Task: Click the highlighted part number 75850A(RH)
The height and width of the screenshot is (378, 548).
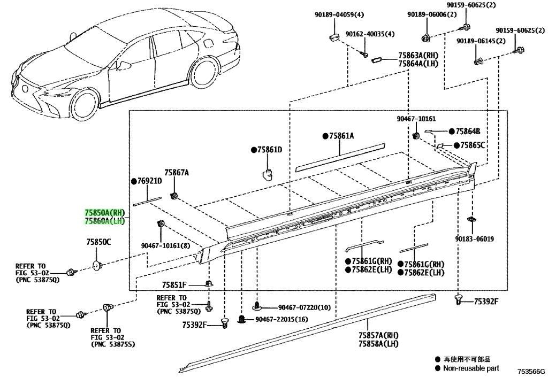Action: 104,213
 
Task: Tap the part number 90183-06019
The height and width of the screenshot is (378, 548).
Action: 474,239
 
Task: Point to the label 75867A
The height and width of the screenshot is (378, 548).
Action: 177,172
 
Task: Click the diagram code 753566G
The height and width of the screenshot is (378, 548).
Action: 531,371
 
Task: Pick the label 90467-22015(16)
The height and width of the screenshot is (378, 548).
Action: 281,319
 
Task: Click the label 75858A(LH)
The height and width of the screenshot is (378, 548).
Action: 378,343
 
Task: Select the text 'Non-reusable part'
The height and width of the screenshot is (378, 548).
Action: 471,368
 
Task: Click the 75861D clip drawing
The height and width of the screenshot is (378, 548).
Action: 268,173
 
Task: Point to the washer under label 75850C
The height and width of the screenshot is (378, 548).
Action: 97,266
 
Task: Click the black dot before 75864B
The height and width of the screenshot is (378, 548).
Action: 452,131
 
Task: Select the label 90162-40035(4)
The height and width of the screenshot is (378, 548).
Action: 370,34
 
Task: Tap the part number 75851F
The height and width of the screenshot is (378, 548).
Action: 174,285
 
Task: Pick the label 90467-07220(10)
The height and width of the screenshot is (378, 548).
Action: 305,307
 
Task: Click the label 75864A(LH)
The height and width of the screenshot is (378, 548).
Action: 418,64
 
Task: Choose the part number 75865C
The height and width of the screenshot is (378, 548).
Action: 473,145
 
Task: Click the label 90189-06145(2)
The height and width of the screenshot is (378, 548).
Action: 481,41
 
